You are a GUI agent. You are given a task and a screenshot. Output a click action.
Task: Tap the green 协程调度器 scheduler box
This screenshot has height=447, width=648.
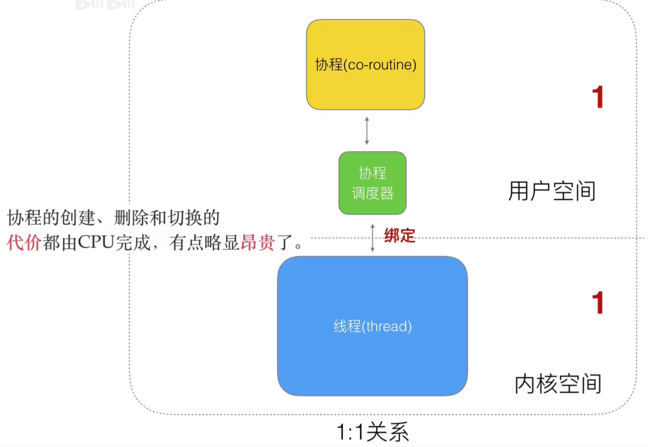372,183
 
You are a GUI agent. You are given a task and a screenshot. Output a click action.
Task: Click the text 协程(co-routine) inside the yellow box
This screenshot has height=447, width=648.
366,65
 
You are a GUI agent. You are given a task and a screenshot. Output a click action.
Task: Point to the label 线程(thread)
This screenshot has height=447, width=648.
372,326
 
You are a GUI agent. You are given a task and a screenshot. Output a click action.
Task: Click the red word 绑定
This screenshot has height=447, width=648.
400,236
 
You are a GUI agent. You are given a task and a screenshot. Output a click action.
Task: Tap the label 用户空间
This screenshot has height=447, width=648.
552,191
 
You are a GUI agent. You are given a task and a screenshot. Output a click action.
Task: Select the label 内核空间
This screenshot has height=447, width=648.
558,384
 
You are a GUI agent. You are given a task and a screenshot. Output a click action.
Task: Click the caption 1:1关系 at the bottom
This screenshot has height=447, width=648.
372,432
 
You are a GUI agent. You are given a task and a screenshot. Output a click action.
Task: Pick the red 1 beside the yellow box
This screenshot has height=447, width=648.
598,97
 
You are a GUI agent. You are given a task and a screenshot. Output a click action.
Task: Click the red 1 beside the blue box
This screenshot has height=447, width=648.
598,303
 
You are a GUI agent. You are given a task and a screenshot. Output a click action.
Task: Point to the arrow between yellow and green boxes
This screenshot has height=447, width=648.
367,131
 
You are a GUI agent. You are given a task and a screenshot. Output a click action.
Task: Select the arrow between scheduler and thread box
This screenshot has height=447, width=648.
372,238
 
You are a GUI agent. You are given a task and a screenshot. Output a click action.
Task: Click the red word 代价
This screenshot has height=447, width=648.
24,243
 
